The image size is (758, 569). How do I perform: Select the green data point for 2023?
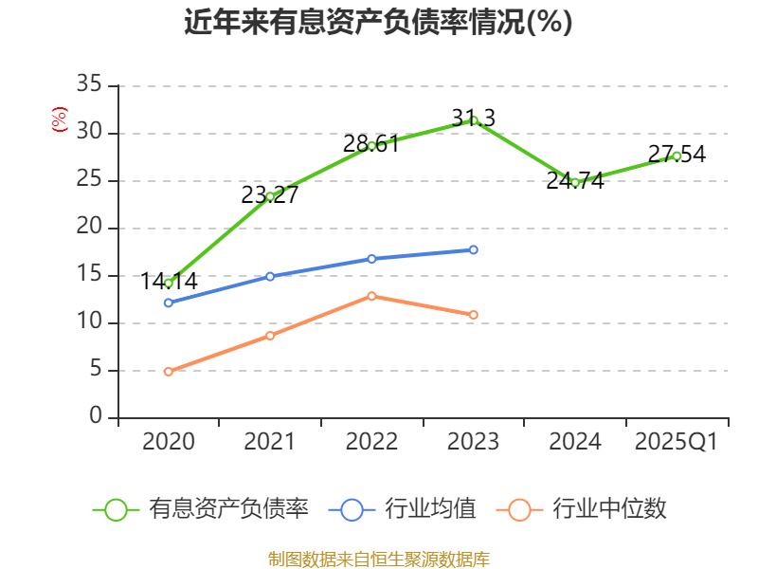point(474,120)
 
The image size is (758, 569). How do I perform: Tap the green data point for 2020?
point(169,283)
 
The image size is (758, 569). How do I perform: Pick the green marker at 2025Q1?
point(677,156)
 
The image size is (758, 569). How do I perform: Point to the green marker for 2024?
point(575,182)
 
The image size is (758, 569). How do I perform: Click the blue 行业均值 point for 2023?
point(474,249)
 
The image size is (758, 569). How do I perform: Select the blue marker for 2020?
point(169,303)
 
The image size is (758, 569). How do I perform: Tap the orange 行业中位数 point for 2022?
point(371,296)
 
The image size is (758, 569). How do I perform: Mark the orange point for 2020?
point(169,372)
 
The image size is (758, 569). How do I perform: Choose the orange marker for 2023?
point(474,315)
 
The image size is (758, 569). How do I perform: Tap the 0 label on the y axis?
point(95,417)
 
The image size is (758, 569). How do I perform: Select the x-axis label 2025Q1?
point(677,442)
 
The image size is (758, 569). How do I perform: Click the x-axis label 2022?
point(371,442)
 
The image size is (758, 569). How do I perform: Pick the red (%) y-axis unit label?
point(60,120)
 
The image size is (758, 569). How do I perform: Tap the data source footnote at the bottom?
point(378,559)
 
